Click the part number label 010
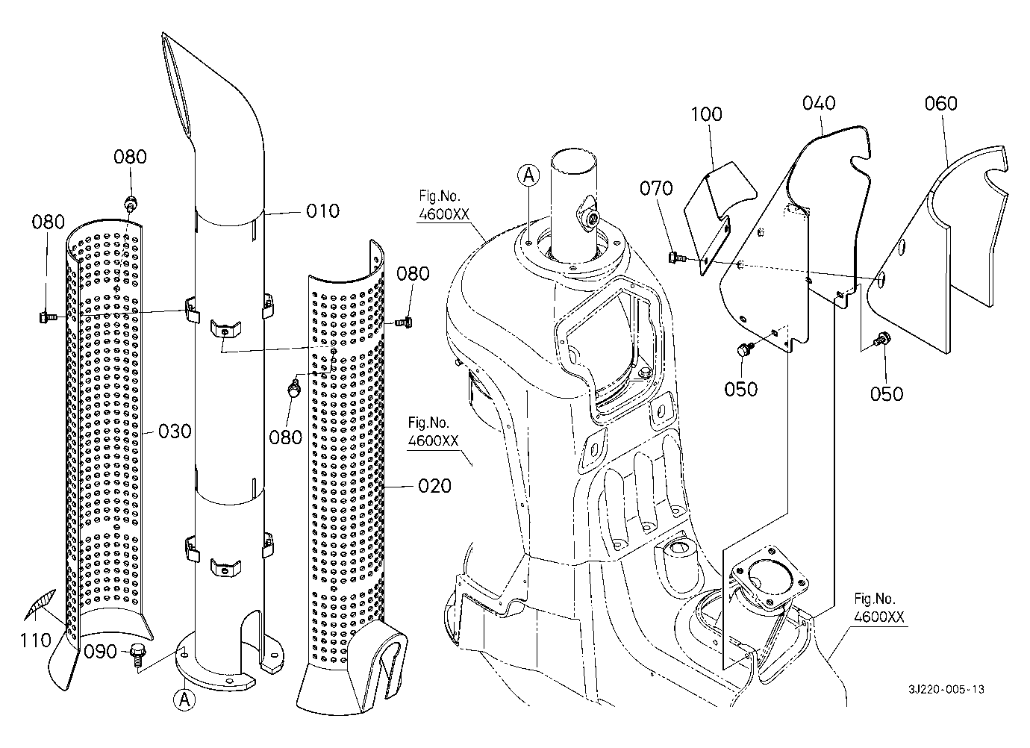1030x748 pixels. pyautogui.click(x=323, y=211)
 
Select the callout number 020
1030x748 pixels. pyautogui.click(x=434, y=487)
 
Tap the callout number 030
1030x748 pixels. pyautogui.click(x=175, y=431)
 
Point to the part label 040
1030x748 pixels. pyautogui.click(x=819, y=103)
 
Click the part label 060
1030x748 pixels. pyautogui.click(x=940, y=103)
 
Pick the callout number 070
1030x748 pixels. pyautogui.click(x=656, y=188)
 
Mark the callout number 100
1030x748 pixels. pyautogui.click(x=706, y=114)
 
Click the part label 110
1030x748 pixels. pyautogui.click(x=36, y=639)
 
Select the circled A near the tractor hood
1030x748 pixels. pyautogui.click(x=528, y=175)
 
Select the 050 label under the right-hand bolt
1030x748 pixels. pyautogui.click(x=887, y=393)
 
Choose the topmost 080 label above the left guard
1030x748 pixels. pyautogui.click(x=130, y=157)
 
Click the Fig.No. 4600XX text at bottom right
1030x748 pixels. pyautogui.click(x=880, y=608)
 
